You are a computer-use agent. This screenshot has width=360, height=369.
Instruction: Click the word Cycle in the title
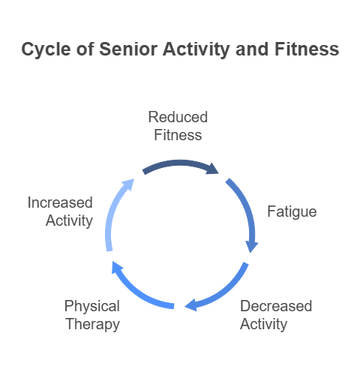point(46,49)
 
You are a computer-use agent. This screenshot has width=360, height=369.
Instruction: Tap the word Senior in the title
point(128,49)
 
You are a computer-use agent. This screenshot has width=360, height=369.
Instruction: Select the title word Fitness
point(307,49)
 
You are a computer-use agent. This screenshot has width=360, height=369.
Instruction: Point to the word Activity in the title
point(196,49)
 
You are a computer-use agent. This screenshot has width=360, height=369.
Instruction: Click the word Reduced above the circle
point(178,117)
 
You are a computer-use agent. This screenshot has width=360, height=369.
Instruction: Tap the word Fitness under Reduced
point(178,135)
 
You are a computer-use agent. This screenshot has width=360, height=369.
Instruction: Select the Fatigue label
point(292,212)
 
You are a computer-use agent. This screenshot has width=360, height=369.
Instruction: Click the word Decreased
point(276,306)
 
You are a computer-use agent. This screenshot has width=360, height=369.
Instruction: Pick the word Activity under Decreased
point(263,324)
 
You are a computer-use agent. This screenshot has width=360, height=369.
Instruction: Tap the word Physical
point(92,306)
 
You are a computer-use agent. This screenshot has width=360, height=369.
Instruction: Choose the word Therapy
point(93,324)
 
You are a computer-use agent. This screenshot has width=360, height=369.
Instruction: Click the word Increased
point(60,202)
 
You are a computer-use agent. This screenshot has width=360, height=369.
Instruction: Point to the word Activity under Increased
point(69,220)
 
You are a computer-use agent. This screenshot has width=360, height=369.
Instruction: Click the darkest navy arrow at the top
point(180,163)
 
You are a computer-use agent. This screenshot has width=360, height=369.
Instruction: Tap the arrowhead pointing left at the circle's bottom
point(190,304)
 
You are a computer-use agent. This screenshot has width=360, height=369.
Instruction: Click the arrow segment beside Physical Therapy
point(136,294)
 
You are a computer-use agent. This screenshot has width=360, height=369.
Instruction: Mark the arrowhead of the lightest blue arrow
point(129,184)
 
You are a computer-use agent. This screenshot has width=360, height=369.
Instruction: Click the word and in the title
point(252,49)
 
